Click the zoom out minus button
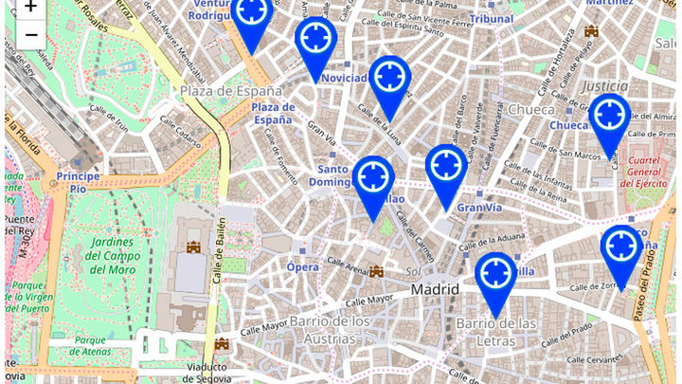pos(30,35)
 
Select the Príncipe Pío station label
pos(78,182)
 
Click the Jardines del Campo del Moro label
pos(117,256)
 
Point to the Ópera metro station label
pos(303,267)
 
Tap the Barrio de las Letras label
pos(496,333)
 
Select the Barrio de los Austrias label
pos(329,331)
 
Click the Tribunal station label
pos(492,18)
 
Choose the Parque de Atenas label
pos(102,346)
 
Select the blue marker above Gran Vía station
pos(445,166)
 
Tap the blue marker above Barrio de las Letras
pos(495,274)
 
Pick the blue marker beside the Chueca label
pos(609,116)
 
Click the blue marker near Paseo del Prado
pos(621,247)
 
